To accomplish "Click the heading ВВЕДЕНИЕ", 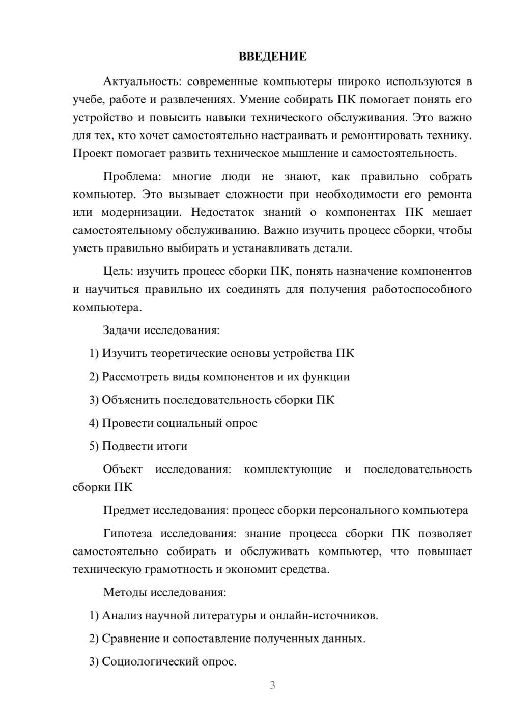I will [272, 57].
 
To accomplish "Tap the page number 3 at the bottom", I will [272, 685].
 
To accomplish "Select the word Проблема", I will [131, 177].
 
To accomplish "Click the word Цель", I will [118, 271].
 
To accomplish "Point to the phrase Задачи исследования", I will [161, 330].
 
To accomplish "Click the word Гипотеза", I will [127, 534].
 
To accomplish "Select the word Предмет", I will [126, 510].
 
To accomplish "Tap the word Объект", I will [123, 469].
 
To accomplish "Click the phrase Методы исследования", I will [164, 592].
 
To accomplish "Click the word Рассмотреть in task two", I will [134, 377].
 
